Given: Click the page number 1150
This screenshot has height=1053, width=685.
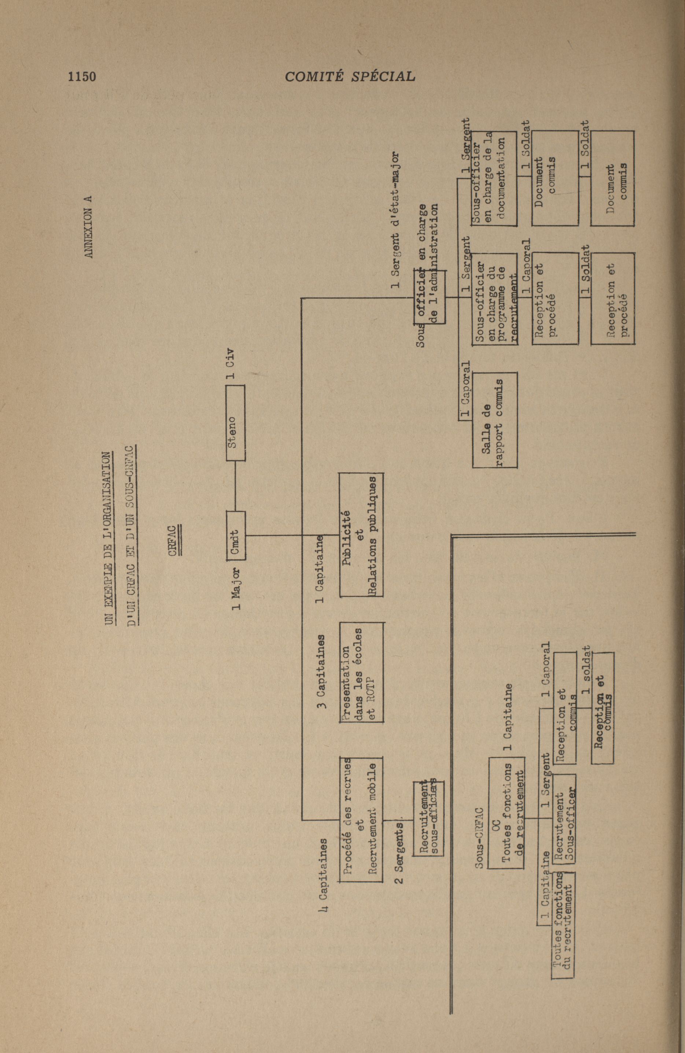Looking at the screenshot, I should tap(82, 77).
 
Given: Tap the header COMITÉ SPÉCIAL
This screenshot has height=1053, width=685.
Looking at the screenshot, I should tap(350, 77).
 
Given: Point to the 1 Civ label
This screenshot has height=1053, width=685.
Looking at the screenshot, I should tap(230, 364).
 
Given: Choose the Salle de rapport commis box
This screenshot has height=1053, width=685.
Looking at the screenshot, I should tap(494, 420).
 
